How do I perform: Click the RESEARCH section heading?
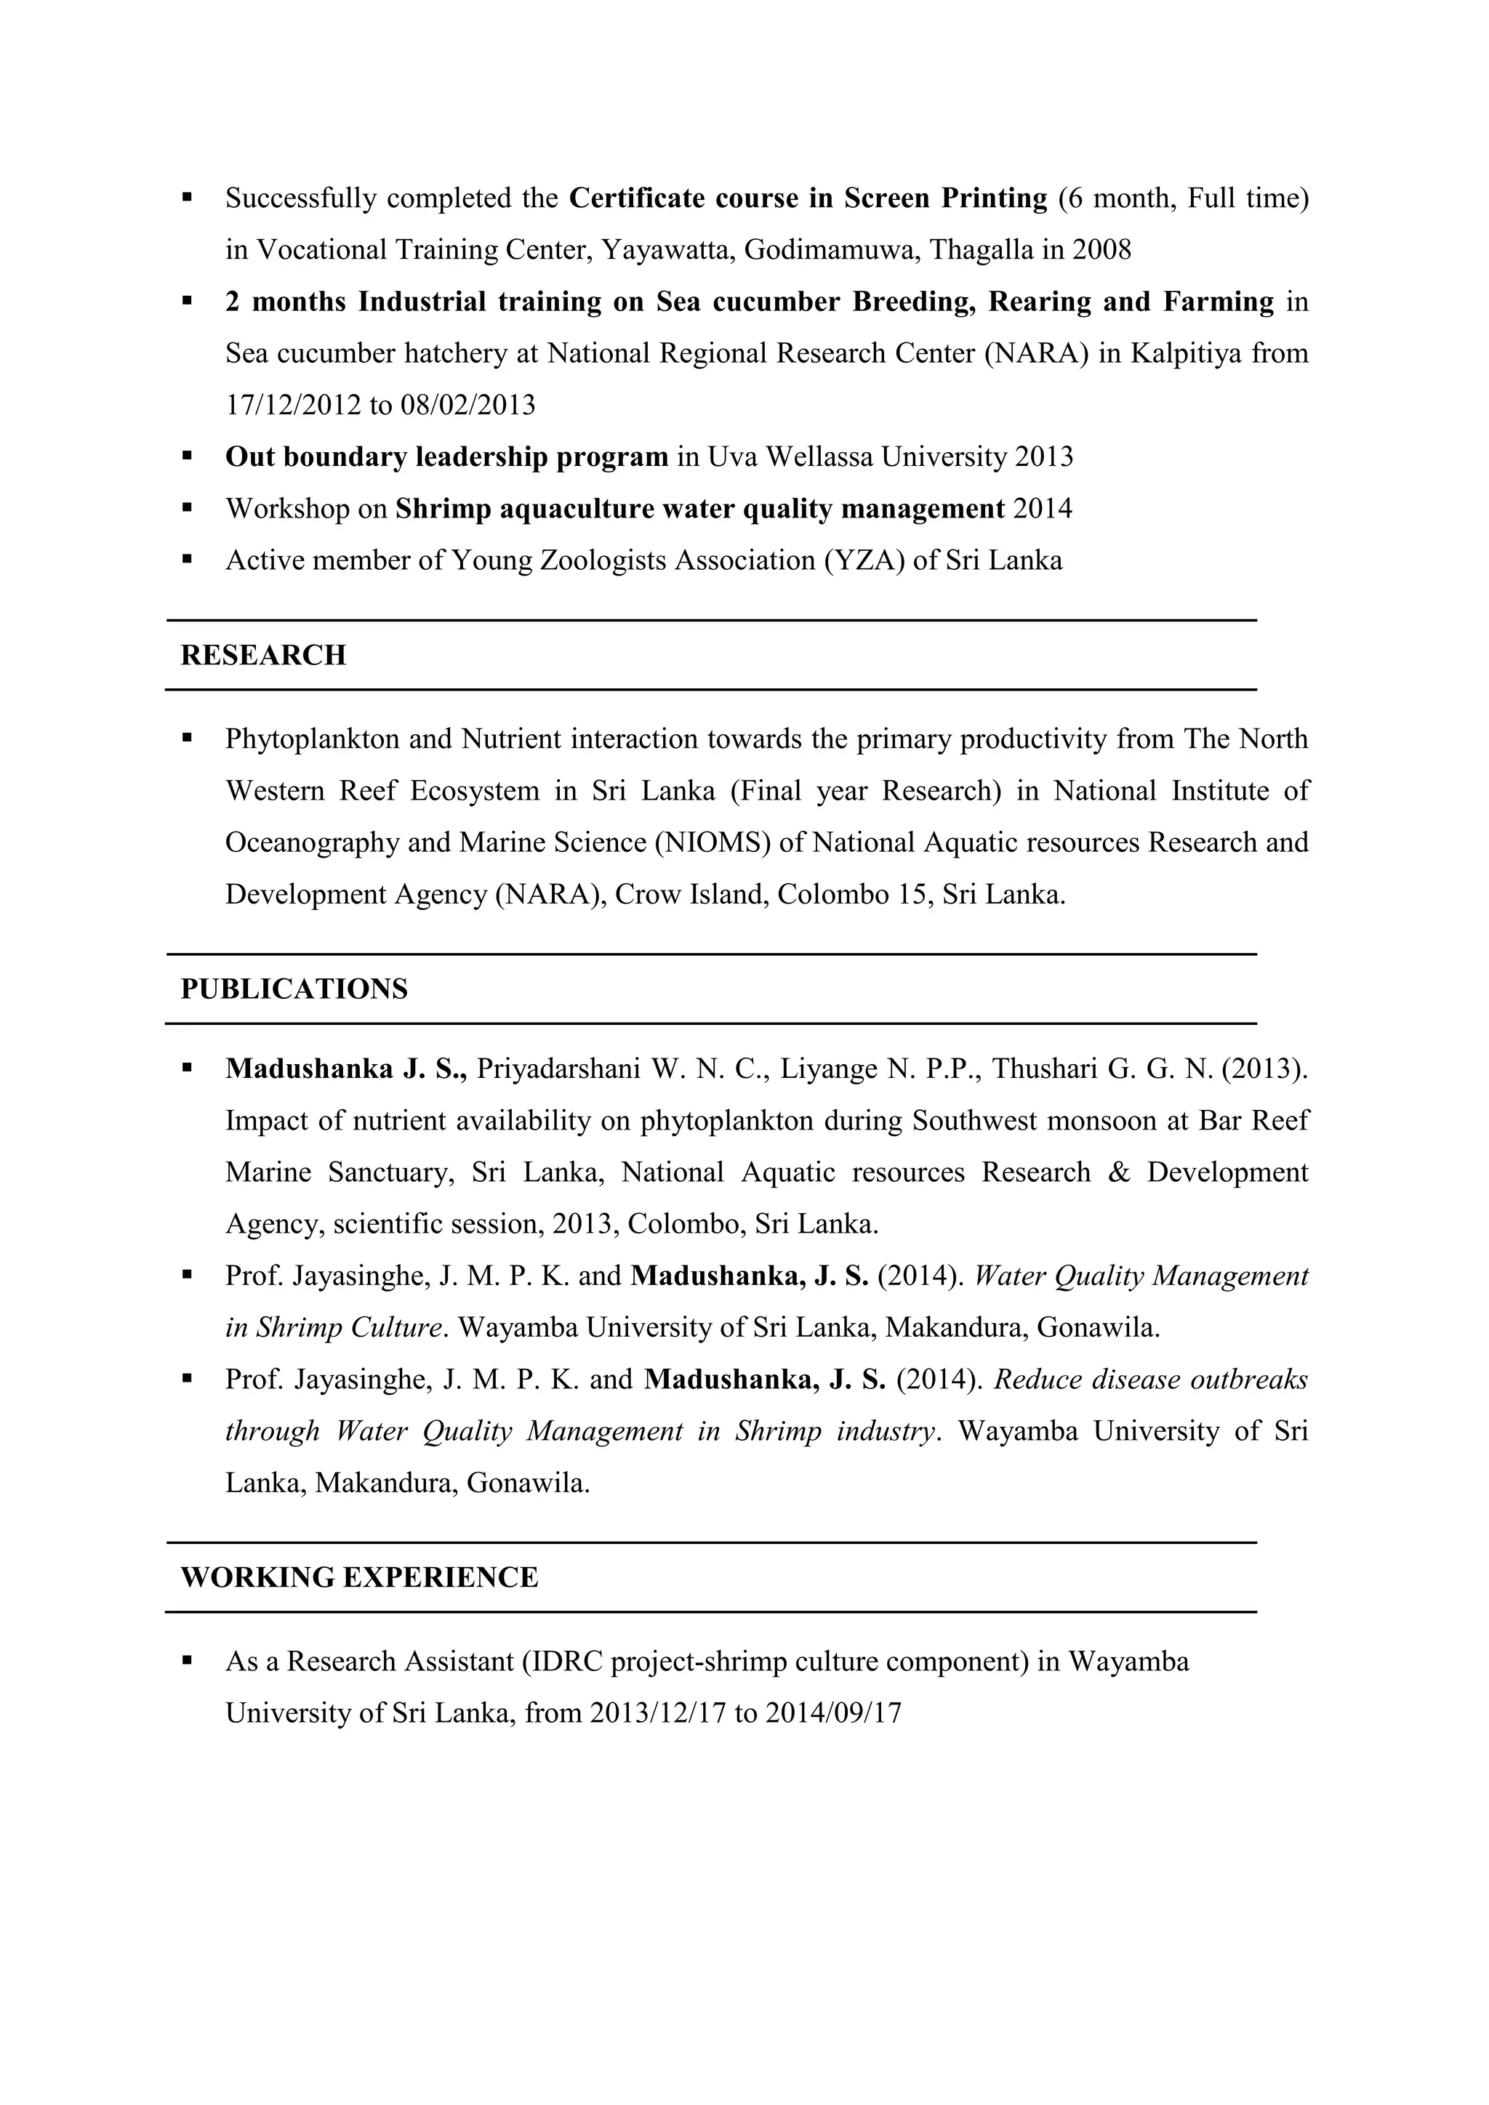(263, 656)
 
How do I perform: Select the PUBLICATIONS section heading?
(294, 989)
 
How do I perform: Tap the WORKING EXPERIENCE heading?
(359, 1577)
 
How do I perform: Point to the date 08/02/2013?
(467, 406)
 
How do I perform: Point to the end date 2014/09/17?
(833, 1712)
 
